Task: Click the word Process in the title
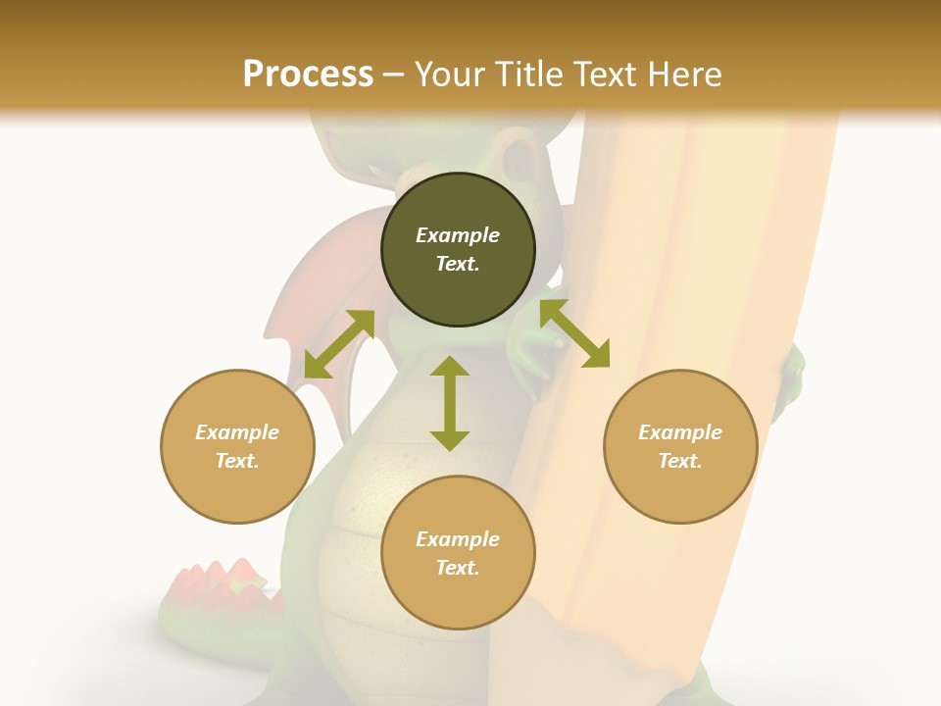[308, 75]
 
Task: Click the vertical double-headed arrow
[450, 403]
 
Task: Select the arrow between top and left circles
[339, 344]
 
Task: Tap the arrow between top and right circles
[574, 333]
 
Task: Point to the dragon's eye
[517, 156]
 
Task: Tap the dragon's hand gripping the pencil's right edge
[790, 382]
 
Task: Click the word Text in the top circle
[458, 264]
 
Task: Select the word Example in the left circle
[237, 432]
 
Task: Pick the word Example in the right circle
[680, 432]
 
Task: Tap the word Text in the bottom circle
[458, 568]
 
